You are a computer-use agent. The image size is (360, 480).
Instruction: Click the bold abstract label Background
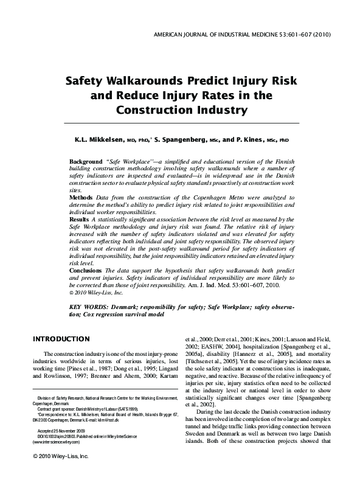pyautogui.click(x=86, y=162)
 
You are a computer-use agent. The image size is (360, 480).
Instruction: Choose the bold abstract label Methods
pyautogui.click(x=82, y=198)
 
